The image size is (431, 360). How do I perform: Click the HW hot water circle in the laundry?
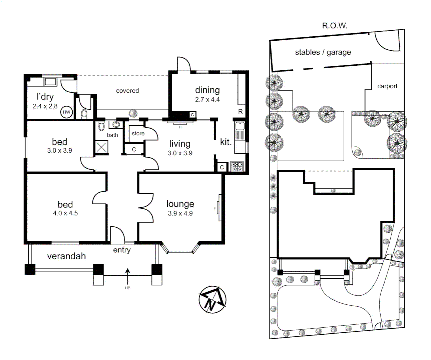[66, 112]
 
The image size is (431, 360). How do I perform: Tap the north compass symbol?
[212, 299]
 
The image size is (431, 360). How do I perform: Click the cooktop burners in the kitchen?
[237, 166]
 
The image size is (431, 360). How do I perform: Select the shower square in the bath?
[101, 147]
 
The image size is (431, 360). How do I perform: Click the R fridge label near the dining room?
[240, 112]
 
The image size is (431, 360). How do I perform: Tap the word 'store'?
[138, 133]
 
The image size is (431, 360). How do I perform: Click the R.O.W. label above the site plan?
[335, 26]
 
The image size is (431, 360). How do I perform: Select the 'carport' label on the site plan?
[387, 86]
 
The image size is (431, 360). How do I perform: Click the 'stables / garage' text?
[323, 52]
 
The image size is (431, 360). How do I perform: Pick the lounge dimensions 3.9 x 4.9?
[180, 213]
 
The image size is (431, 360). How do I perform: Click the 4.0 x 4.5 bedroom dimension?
[65, 213]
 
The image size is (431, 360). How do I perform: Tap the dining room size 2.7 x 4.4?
[207, 99]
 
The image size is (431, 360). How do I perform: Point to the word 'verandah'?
[66, 256]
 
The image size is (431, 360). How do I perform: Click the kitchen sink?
[240, 126]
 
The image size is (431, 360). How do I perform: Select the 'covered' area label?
[127, 91]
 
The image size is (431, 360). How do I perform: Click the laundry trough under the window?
[50, 82]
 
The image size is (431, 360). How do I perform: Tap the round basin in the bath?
[116, 125]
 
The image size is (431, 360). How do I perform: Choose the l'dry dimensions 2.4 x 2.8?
[45, 106]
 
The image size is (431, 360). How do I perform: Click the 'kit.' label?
[226, 142]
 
